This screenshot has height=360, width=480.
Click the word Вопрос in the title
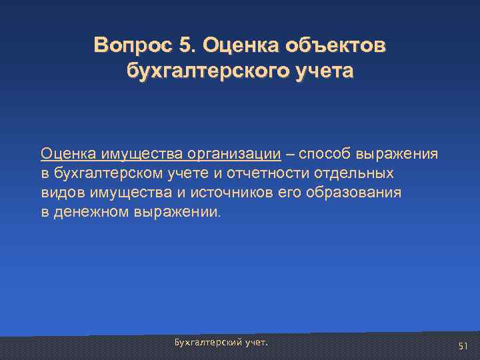click(133, 45)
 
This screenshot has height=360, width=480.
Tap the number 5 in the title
click(184, 45)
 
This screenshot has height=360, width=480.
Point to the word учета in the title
click(327, 70)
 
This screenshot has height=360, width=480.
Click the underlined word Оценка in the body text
click(69, 154)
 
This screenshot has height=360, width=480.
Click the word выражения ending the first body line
click(399, 154)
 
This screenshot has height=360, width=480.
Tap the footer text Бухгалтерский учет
click(221, 342)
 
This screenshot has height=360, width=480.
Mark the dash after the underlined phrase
click(290, 154)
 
